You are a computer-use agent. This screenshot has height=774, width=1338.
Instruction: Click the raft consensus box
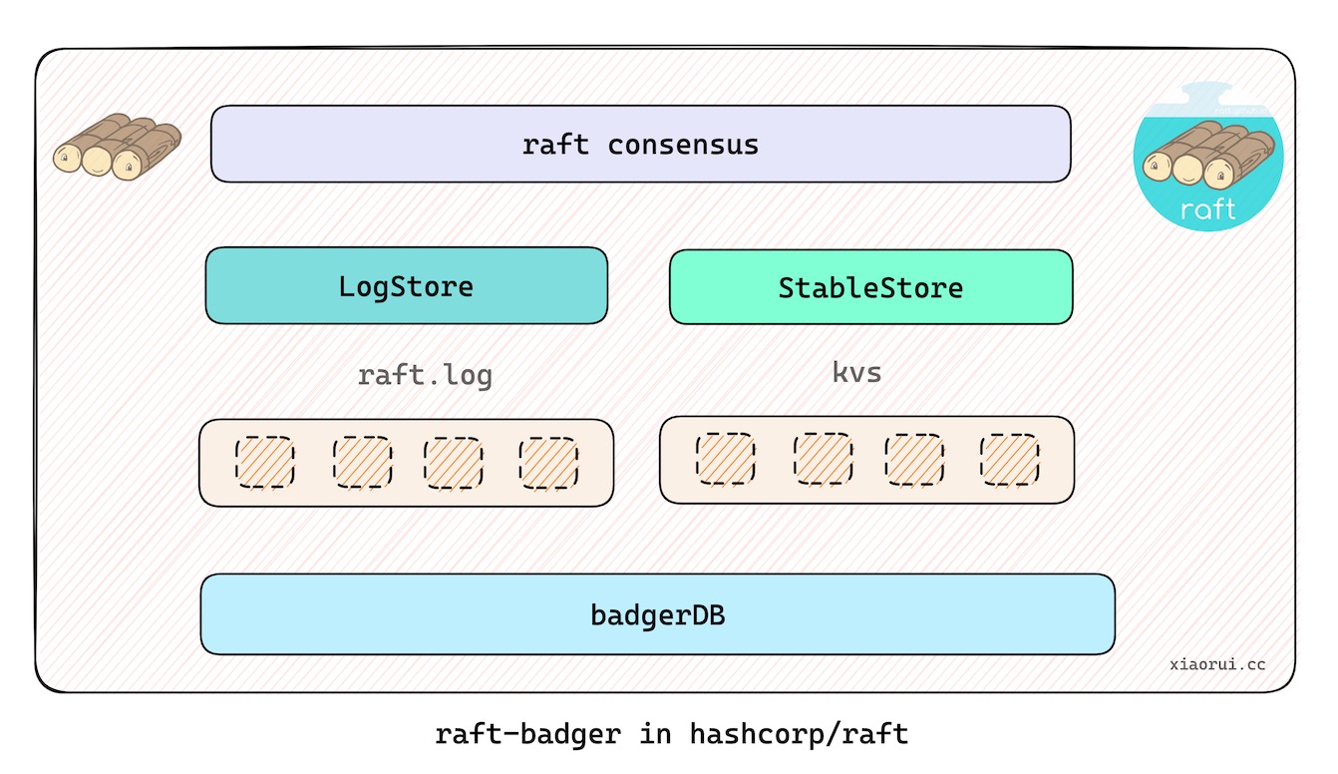point(640,145)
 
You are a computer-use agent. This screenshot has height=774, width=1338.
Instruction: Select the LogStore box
point(406,286)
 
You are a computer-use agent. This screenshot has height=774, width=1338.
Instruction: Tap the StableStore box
point(870,287)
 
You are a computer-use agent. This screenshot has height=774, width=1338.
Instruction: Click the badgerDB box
point(657,614)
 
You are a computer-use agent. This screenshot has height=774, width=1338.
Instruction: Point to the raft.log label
point(425,376)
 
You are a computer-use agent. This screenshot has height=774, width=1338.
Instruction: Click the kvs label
point(856,373)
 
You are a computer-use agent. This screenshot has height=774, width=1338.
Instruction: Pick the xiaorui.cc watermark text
point(1217,663)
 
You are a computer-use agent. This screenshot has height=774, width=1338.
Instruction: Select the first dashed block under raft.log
point(264,463)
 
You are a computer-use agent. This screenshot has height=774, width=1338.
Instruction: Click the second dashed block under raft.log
point(361,463)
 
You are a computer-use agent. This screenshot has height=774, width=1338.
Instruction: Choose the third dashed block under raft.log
point(454,463)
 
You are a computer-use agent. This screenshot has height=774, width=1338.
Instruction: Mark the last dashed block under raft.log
point(548,463)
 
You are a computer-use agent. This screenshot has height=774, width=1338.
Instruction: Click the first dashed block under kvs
point(725,459)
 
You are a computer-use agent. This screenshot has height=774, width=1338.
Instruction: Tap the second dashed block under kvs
point(823,459)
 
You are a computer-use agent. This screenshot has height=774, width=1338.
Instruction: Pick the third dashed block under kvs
point(914,459)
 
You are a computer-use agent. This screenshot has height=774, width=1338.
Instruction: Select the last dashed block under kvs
point(1009,459)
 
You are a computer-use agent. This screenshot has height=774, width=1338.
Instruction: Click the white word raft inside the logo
point(1207,209)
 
